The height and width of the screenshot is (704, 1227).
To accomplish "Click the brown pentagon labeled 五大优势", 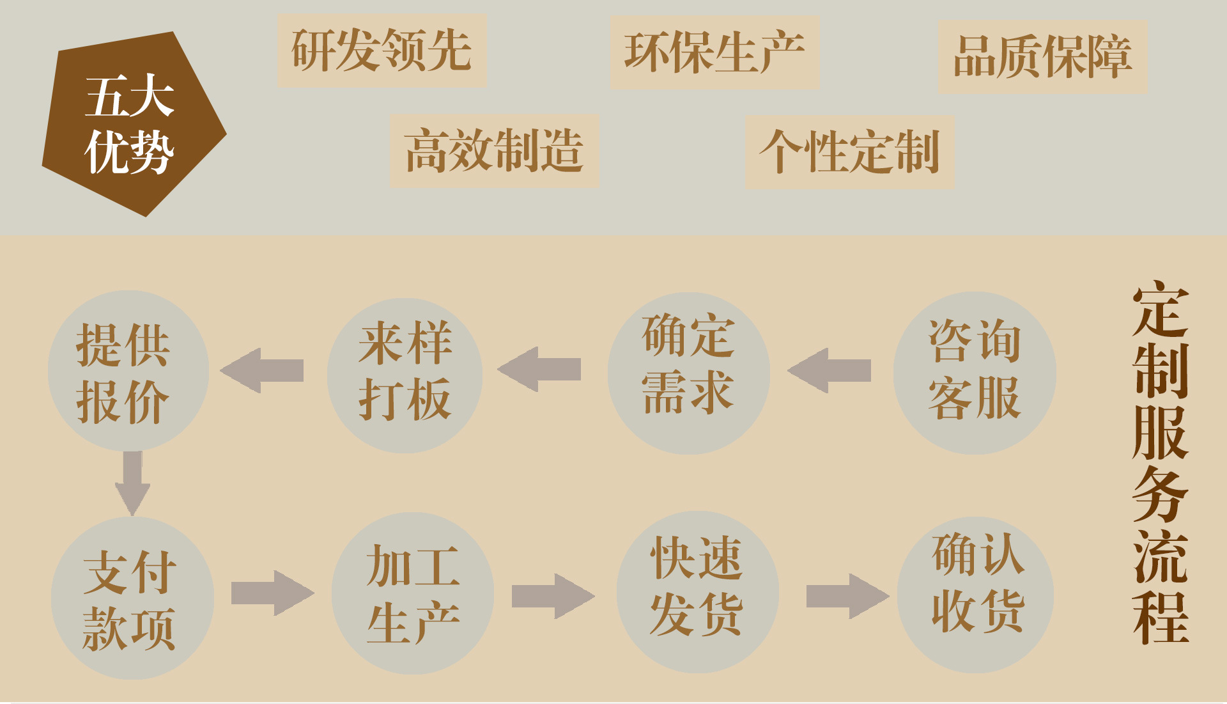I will [x=131, y=125].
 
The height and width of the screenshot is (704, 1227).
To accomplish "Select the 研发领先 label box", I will [x=382, y=51].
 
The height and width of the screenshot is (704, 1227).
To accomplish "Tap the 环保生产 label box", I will [x=714, y=52].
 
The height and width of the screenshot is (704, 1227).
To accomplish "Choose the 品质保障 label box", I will [x=1042, y=57].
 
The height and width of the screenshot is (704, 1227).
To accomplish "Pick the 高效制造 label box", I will [x=494, y=150].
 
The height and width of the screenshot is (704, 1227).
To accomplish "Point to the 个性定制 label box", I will [x=849, y=152].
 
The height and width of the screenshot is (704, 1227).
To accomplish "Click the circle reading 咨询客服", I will [x=974, y=373].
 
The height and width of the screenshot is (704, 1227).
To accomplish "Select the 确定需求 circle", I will [x=688, y=373].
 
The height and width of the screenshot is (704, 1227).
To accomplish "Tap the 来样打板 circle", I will [x=405, y=375].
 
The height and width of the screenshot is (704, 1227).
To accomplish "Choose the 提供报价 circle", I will [x=128, y=371].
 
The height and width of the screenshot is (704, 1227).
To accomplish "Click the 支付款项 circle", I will [x=132, y=598].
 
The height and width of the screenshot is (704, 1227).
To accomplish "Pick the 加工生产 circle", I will [x=413, y=593].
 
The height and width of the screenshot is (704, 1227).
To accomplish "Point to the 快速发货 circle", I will [x=697, y=591].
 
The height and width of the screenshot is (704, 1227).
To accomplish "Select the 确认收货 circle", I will [x=976, y=594].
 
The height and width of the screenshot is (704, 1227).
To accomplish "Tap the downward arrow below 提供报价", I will [x=132, y=483].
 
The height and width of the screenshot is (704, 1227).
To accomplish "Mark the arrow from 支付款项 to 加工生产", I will [x=272, y=593].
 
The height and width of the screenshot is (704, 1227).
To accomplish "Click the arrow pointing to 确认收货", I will [x=847, y=596].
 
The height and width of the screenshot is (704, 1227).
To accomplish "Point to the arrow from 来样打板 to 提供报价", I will [x=262, y=370].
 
